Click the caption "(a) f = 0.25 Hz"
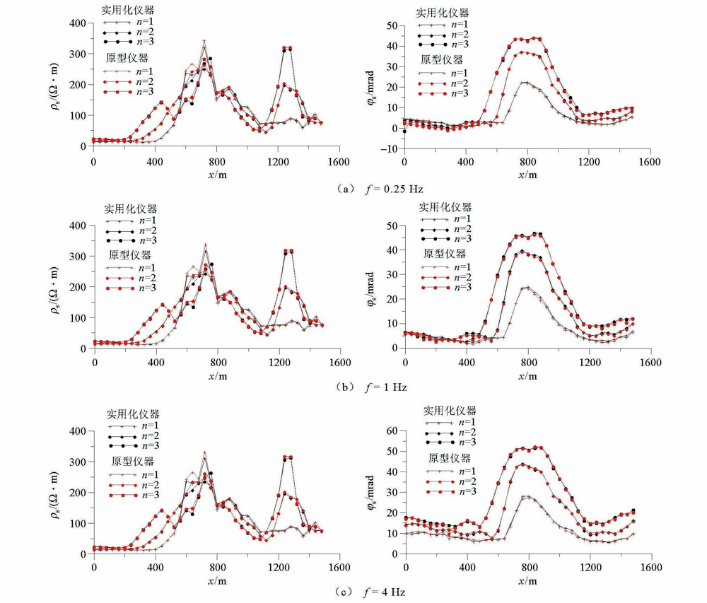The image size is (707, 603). (x=378, y=189)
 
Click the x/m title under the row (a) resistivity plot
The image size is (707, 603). (x=216, y=174)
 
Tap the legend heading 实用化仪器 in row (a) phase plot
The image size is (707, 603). (x=443, y=13)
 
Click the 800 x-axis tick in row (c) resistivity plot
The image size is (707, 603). (x=216, y=567)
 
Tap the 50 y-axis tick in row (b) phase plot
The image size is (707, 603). (x=390, y=225)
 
